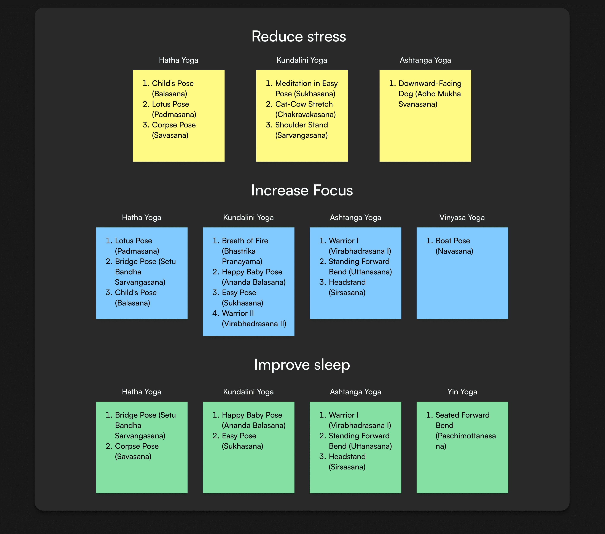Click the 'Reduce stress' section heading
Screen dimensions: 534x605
tap(299, 36)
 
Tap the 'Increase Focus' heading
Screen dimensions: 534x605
tap(302, 190)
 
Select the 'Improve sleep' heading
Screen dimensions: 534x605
tap(302, 364)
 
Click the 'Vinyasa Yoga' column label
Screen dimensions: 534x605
tap(462, 218)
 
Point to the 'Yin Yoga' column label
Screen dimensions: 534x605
tap(462, 392)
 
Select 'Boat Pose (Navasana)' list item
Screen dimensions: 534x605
tap(454, 246)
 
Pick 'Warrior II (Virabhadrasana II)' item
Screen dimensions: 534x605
tap(254, 319)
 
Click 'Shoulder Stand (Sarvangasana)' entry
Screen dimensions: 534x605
tap(301, 130)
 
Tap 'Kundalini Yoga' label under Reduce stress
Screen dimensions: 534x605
tap(302, 60)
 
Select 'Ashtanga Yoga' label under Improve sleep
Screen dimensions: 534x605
tap(355, 392)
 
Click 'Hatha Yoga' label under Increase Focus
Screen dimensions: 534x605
tap(142, 218)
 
